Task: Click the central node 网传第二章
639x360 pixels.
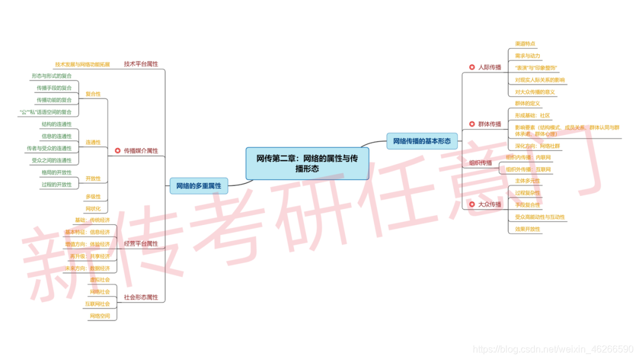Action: tap(307, 163)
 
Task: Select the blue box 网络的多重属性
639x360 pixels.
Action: tap(198, 186)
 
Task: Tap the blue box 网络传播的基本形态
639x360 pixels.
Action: tap(422, 141)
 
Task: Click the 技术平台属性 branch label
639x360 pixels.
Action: tap(141, 64)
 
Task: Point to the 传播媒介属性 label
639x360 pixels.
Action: tap(141, 151)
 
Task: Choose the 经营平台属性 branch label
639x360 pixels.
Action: tap(141, 244)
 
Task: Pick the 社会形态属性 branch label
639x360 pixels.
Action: tap(141, 297)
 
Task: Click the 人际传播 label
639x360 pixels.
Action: tap(489, 67)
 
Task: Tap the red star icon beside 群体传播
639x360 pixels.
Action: tap(472, 124)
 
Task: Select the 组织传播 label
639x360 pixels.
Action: tap(480, 163)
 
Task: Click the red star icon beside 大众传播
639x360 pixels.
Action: tap(472, 205)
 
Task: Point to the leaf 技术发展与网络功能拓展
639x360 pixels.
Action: tap(82, 65)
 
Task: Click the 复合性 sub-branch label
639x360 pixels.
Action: tap(93, 94)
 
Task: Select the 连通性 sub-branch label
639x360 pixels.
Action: tap(93, 143)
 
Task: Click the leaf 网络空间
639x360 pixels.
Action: tap(99, 316)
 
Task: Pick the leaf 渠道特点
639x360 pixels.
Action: tap(525, 44)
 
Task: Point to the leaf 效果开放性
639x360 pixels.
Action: tap(527, 229)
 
